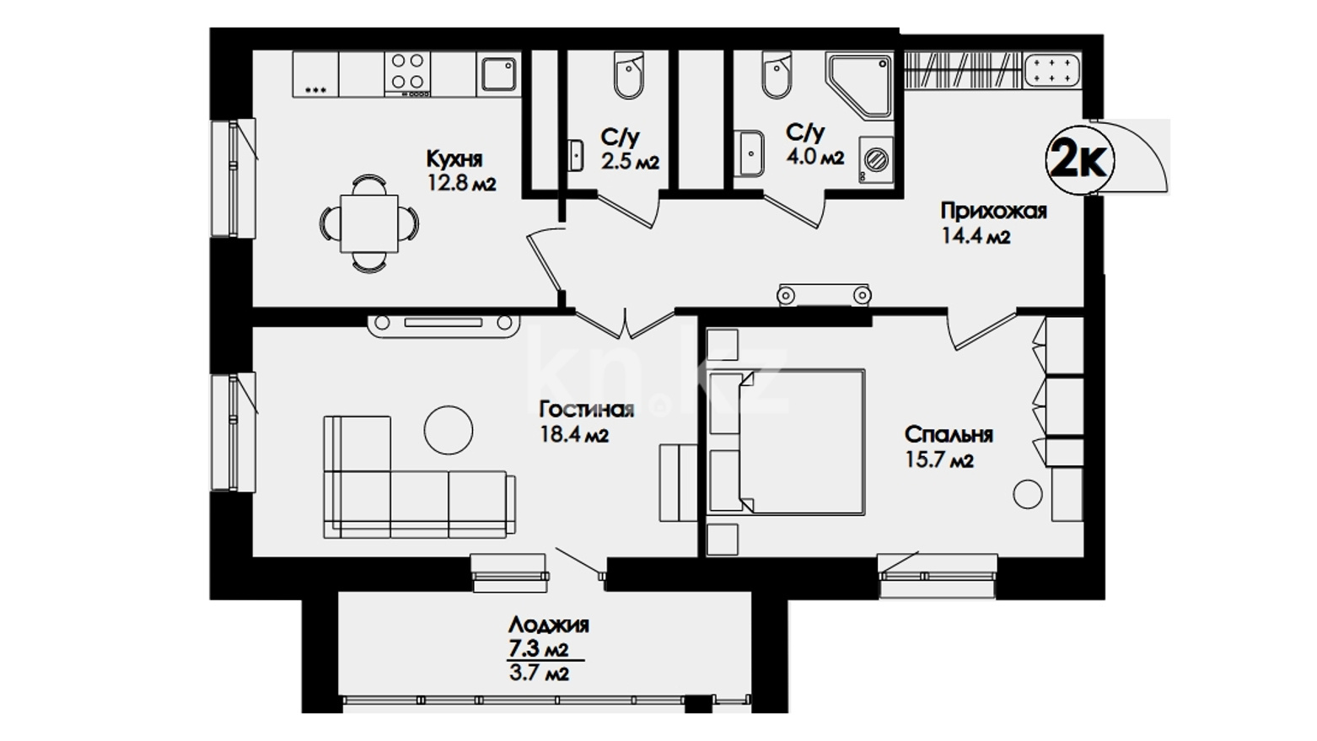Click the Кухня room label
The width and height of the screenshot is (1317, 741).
454,159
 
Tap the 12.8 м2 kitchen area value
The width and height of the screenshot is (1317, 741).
462,184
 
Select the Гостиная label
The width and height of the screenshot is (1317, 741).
587,409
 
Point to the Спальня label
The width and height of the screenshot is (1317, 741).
949,435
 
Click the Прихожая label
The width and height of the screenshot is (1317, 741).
993,211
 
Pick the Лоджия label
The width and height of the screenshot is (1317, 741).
549,624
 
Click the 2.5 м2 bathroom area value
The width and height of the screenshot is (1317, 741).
631,162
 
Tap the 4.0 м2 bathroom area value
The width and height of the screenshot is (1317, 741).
814,158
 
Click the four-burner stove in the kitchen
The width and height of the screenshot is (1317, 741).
407,72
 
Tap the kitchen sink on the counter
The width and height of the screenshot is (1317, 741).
499,74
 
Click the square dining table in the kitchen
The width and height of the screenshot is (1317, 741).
369,224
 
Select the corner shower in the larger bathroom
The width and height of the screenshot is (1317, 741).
859,86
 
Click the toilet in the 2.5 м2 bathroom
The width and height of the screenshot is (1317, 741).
628,74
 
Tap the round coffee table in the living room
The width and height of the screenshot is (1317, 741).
449,430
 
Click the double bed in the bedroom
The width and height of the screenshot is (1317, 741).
787,442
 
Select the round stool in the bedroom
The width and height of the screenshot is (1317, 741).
1028,494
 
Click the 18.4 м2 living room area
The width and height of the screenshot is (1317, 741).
574,435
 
